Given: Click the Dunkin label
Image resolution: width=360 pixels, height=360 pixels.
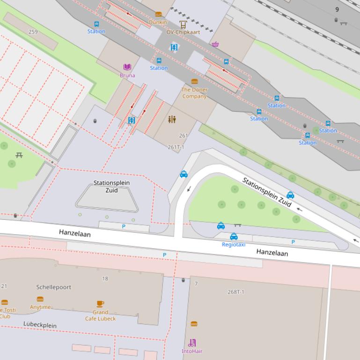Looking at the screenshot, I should [x=158, y=22].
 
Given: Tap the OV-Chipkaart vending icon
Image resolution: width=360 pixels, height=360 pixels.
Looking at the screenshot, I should [x=183, y=24].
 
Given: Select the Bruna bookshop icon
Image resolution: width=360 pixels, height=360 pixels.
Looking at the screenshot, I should [x=127, y=67].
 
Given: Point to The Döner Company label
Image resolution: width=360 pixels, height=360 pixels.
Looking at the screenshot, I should [x=194, y=93].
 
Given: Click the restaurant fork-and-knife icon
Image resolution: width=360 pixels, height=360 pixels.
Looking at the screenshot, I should [x=172, y=119].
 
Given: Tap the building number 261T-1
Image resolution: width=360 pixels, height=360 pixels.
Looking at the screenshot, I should [x=176, y=147].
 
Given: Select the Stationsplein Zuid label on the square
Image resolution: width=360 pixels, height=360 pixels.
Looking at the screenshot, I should [x=111, y=187].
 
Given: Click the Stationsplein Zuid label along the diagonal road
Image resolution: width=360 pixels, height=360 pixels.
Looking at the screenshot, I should [x=267, y=192].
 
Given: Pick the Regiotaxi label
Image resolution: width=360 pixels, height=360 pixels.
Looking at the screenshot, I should [x=234, y=245].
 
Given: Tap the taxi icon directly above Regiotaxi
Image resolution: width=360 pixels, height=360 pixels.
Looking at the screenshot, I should [x=234, y=237].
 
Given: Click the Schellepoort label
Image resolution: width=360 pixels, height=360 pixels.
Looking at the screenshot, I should [x=54, y=287].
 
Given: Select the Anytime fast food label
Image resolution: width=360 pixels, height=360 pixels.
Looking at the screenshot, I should [x=40, y=307].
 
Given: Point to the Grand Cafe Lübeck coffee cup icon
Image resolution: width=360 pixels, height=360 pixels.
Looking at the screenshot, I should [x=100, y=304].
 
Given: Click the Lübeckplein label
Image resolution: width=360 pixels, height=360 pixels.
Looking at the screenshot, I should [x=40, y=324].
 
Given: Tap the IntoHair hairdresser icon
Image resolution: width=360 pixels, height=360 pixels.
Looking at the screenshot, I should [x=192, y=343].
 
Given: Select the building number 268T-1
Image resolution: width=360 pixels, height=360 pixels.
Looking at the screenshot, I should [x=236, y=292].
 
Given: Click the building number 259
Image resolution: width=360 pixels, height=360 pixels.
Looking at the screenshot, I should [x=33, y=32].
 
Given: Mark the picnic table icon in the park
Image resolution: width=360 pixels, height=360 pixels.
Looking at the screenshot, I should [x=19, y=155].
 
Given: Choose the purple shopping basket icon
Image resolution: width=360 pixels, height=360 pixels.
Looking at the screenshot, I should [x=215, y=45].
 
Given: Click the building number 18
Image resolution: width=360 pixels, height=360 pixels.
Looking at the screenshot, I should [x=105, y=279].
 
